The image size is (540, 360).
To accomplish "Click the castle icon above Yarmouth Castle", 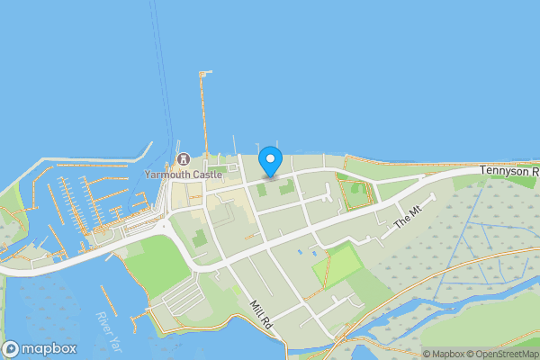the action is tap(183, 159).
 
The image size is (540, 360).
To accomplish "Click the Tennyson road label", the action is tap(508, 170).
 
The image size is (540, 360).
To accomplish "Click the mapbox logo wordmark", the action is tap(49, 349).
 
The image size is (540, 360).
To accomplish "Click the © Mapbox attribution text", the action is tap(444, 354).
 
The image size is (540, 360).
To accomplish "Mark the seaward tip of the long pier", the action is tap(204, 72).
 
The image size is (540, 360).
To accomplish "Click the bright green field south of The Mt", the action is tap(342, 265).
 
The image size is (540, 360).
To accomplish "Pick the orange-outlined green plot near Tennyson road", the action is tap(355, 192).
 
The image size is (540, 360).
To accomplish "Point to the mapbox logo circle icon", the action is tap(12, 349).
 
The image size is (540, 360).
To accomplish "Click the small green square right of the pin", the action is tap(286, 188).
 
